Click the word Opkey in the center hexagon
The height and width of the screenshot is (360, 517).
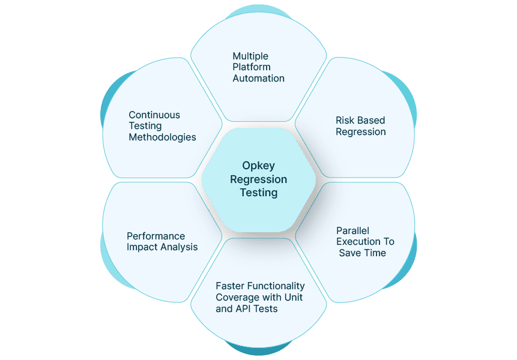(x=258, y=166)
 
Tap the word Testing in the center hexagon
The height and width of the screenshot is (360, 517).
(x=258, y=193)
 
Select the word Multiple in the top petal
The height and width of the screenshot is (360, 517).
(x=250, y=56)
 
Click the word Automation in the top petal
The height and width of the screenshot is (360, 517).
(x=258, y=78)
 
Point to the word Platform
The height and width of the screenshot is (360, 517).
(x=252, y=67)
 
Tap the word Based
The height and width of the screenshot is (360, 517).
(x=372, y=121)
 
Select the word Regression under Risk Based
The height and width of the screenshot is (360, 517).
(x=360, y=132)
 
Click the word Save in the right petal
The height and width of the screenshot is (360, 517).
(x=349, y=253)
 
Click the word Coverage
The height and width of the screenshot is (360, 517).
(x=237, y=298)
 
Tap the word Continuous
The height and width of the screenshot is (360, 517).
(x=154, y=115)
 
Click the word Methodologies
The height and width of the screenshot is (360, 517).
(x=162, y=137)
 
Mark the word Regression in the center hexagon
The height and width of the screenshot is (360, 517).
(x=258, y=179)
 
